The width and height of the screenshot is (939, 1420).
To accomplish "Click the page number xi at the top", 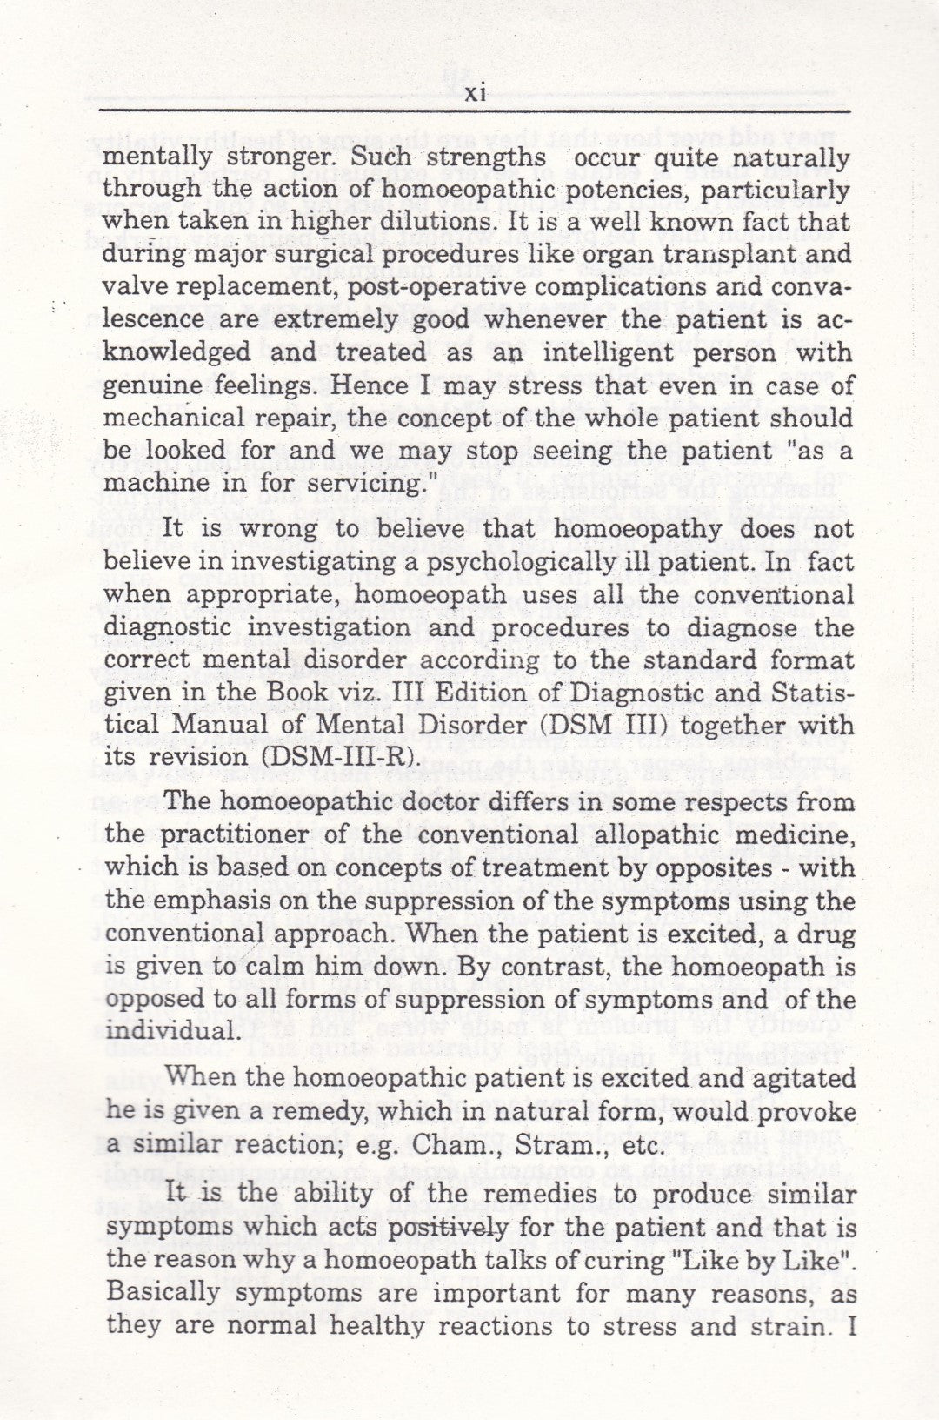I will [x=475, y=94].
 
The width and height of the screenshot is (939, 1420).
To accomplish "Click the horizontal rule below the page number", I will [x=475, y=111].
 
